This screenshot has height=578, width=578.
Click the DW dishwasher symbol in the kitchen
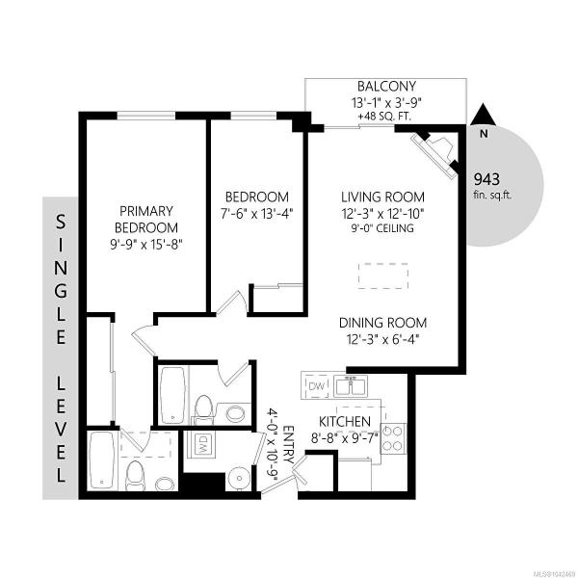(317, 386)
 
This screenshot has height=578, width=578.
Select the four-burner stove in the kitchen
(392, 438)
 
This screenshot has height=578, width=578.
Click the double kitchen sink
(351, 385)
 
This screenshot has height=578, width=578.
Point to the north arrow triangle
(484, 115)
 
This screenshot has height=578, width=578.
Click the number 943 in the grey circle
(486, 179)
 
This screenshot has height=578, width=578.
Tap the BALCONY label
(386, 87)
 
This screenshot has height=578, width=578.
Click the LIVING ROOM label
(382, 197)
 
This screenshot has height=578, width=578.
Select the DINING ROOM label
(382, 323)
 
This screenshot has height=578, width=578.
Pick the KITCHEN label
(344, 421)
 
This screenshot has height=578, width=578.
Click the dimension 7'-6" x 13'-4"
(256, 214)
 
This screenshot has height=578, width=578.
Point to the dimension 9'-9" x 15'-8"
(146, 244)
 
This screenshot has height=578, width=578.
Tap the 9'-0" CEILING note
(381, 228)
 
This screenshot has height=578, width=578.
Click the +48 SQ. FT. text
(384, 117)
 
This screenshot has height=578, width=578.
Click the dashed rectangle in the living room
(383, 276)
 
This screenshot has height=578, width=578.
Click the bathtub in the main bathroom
(172, 395)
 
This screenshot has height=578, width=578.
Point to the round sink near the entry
(239, 478)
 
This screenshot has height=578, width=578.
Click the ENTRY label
(288, 445)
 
